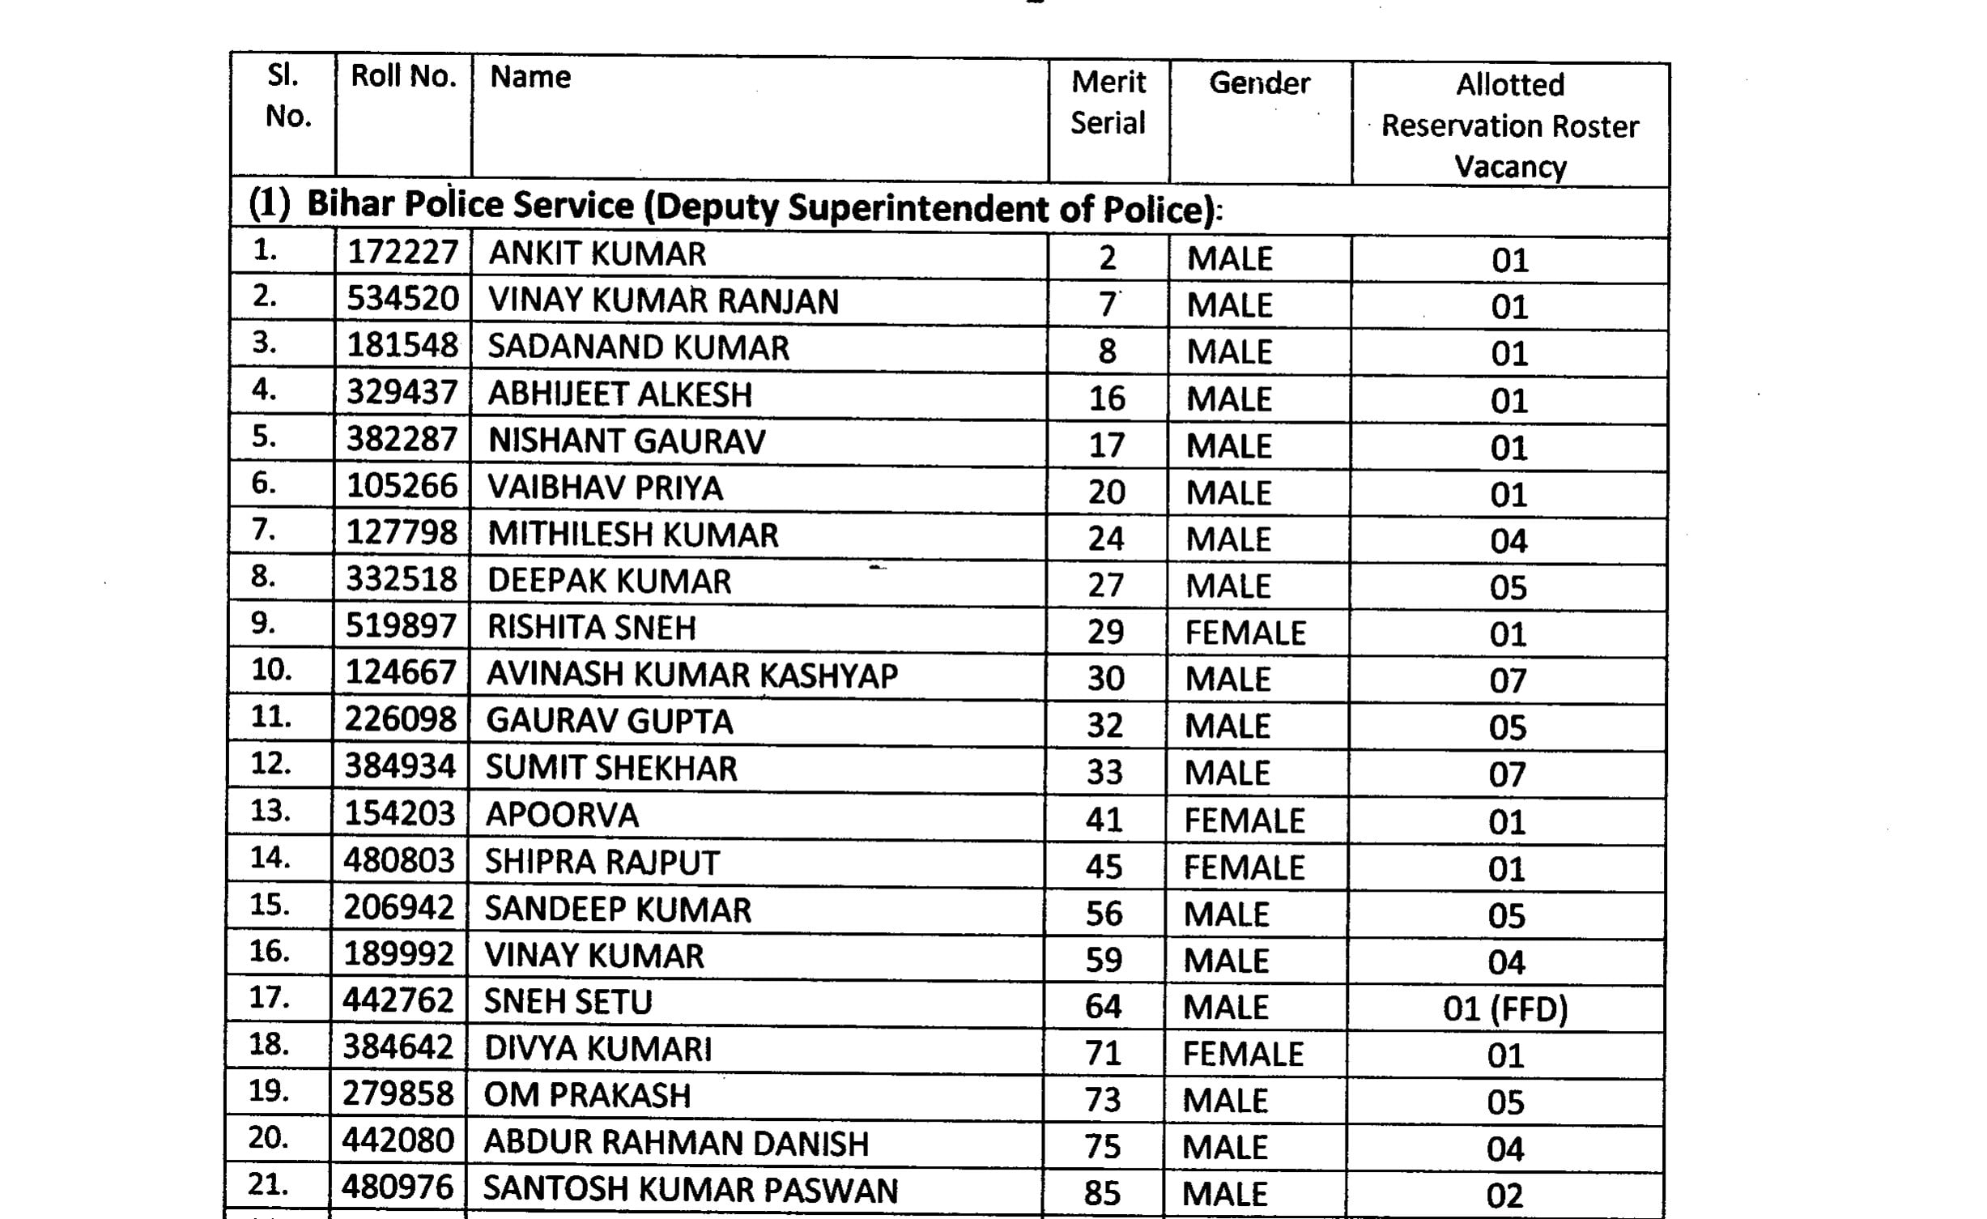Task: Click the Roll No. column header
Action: click(x=403, y=77)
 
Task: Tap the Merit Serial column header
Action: click(x=1108, y=103)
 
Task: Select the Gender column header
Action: click(x=1259, y=83)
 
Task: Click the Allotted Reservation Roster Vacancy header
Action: click(x=1509, y=126)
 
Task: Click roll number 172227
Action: click(x=402, y=253)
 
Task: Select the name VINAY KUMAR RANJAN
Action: click(x=663, y=300)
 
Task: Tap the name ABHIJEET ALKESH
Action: click(x=619, y=394)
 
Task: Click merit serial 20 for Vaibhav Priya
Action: click(x=1106, y=492)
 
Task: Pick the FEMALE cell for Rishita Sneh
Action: click(x=1245, y=633)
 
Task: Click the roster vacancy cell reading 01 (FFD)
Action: click(x=1505, y=1009)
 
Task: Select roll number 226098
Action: click(x=401, y=720)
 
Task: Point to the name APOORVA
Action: click(x=562, y=815)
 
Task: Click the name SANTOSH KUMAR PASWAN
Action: click(x=691, y=1190)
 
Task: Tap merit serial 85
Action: click(x=1102, y=1193)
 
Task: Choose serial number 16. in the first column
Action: click(x=270, y=951)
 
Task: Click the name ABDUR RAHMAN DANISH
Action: click(x=676, y=1143)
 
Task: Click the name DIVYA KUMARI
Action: click(x=598, y=1049)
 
